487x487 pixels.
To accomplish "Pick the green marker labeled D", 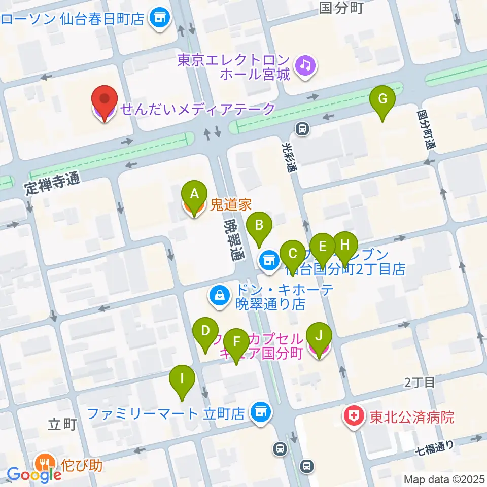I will click(x=205, y=333).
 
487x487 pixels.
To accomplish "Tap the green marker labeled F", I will click(x=237, y=344).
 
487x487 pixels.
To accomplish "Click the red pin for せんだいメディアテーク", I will click(x=105, y=101).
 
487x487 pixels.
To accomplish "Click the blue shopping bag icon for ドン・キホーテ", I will click(x=220, y=297).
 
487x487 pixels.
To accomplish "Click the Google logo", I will click(x=34, y=475).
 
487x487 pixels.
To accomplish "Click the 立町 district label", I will click(x=62, y=424).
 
